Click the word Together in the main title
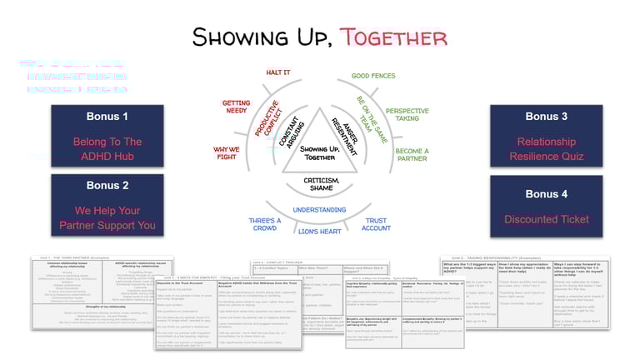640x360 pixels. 393,37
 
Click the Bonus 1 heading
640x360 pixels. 107,117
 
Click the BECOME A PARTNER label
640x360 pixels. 412,156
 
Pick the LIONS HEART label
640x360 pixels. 320,231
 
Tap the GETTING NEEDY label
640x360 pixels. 236,109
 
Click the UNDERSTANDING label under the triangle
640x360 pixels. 320,210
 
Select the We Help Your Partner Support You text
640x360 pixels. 107,217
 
